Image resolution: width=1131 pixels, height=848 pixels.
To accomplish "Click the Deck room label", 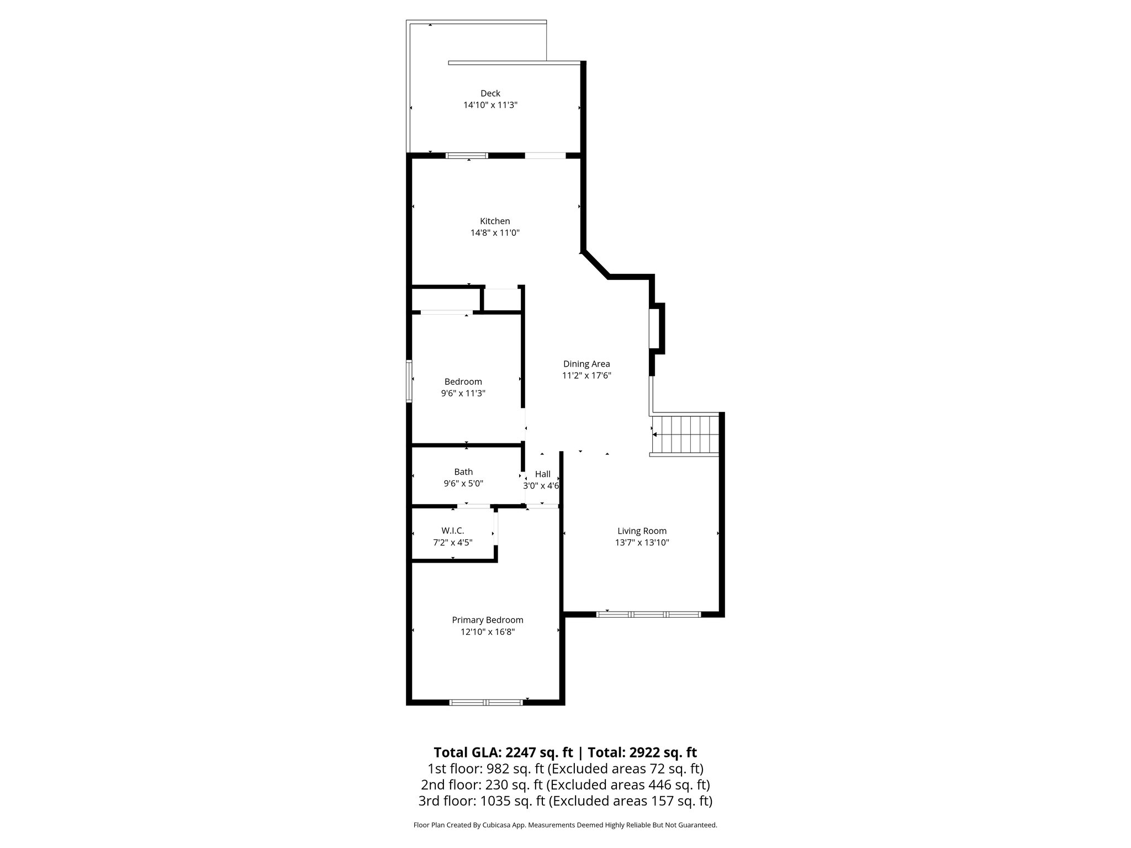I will (x=490, y=93).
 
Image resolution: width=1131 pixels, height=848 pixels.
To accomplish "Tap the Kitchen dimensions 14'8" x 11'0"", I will (x=495, y=233).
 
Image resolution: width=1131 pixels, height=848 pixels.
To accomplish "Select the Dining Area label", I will (x=586, y=364).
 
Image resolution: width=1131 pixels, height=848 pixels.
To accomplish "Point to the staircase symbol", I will (x=685, y=434).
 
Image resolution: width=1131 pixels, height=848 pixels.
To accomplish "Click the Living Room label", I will (x=642, y=531).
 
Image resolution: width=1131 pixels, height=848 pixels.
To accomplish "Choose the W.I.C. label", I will (x=452, y=531).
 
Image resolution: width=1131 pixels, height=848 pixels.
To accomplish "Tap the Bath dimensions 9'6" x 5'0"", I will (x=463, y=484).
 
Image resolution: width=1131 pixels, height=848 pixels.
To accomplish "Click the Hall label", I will (x=542, y=474).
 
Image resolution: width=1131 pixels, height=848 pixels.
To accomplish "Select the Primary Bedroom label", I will (x=488, y=620).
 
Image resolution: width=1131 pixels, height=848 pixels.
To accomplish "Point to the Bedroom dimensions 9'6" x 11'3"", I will (x=463, y=394).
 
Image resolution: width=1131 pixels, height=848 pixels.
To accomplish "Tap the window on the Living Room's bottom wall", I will (x=648, y=614).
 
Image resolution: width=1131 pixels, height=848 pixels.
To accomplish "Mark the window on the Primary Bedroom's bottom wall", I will (x=486, y=702).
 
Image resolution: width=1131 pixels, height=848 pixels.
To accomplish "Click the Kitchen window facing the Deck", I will (x=467, y=156).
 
